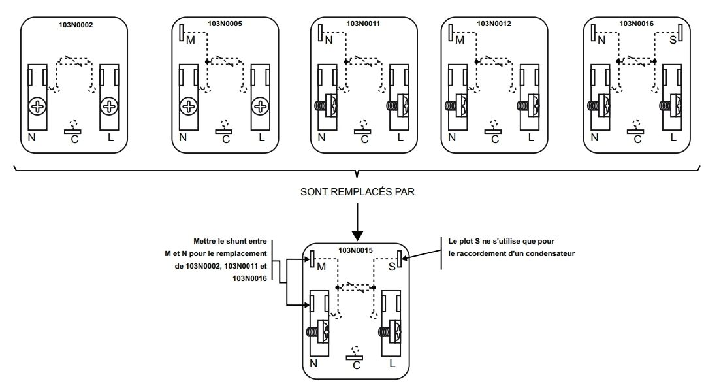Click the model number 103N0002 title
[x=76, y=25]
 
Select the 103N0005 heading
[x=225, y=24]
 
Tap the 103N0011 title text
[x=363, y=24]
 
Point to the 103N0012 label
[x=494, y=24]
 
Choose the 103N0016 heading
[x=637, y=24]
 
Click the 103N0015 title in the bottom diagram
[x=355, y=251]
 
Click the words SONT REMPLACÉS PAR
[x=357, y=192]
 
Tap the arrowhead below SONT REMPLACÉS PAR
[x=357, y=236]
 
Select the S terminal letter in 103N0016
[x=673, y=41]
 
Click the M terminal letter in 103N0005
[x=191, y=41]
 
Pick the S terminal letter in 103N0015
[x=392, y=267]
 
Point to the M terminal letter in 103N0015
[x=321, y=267]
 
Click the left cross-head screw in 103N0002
[x=37, y=107]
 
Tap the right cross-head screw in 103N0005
[x=261, y=107]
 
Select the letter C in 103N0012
[x=495, y=140]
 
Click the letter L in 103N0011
[x=400, y=137]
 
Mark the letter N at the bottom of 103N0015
[x=313, y=363]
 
